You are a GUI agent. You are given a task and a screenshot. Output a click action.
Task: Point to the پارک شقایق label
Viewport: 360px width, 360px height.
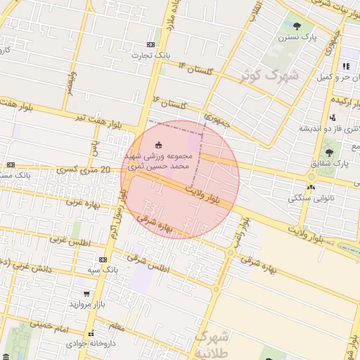click(331, 164)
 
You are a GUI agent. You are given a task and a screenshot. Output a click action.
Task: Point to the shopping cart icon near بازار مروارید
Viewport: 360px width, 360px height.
click(86, 294)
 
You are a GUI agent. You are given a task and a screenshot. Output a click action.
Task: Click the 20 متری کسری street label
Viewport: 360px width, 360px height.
click(86, 169)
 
